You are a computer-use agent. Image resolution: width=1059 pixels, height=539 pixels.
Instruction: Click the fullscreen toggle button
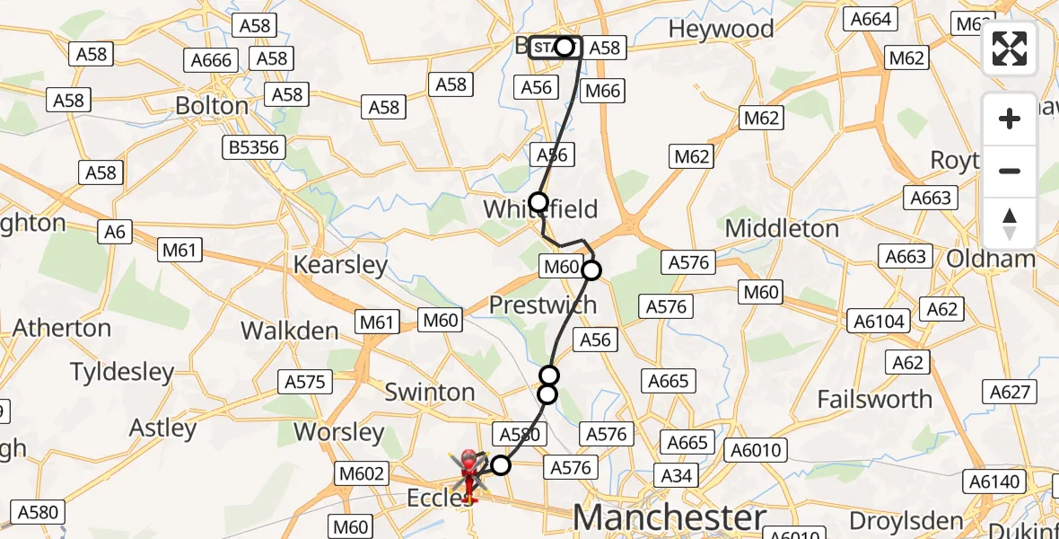click(1010, 49)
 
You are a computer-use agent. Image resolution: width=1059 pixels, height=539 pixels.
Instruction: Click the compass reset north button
click(1010, 223)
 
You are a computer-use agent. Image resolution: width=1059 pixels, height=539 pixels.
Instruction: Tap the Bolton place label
click(212, 106)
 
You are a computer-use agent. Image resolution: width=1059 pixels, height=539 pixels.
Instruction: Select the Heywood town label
click(721, 29)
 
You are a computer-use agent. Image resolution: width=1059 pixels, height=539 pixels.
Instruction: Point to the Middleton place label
click(782, 228)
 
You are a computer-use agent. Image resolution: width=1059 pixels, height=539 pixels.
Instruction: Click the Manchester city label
click(670, 518)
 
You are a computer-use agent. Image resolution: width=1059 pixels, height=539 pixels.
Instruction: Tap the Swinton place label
click(430, 392)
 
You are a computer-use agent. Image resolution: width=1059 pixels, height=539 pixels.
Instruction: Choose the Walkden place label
click(290, 331)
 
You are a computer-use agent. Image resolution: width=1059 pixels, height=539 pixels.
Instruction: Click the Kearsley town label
click(341, 265)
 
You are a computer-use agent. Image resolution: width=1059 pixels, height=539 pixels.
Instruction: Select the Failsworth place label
click(875, 399)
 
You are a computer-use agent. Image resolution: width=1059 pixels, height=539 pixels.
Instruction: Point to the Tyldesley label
click(122, 371)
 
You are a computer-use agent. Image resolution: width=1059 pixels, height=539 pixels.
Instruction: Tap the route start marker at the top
click(564, 47)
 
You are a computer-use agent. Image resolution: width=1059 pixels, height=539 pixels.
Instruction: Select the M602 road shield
click(363, 473)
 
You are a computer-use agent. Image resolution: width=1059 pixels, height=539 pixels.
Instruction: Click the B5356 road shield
click(256, 147)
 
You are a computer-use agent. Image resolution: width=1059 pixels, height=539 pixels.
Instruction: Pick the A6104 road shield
click(880, 321)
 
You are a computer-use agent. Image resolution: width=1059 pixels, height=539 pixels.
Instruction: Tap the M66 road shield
click(602, 90)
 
